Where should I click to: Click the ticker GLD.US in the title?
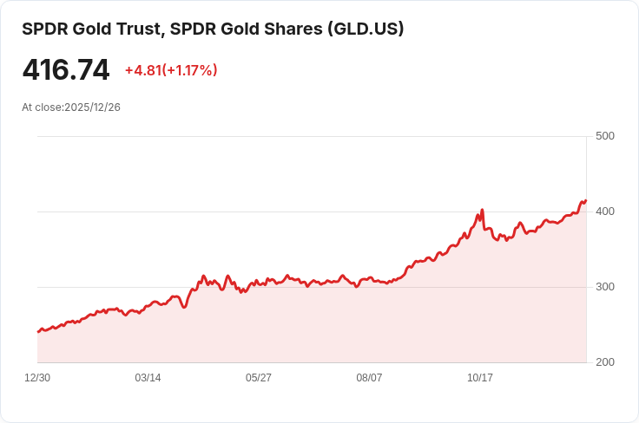pyautogui.click(x=364, y=29)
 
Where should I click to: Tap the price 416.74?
pyautogui.click(x=66, y=70)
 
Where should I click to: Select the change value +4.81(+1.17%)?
pyautogui.click(x=171, y=70)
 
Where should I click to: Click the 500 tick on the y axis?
pyautogui.click(x=604, y=136)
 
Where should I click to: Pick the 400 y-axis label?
pyautogui.click(x=604, y=211)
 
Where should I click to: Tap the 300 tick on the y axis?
pyautogui.click(x=604, y=287)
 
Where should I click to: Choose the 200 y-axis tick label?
pyautogui.click(x=604, y=362)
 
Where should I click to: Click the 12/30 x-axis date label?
pyautogui.click(x=37, y=378)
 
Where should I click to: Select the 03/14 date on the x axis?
pyautogui.click(x=148, y=378)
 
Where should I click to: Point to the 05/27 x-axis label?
pyautogui.click(x=259, y=378)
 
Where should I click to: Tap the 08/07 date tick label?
pyautogui.click(x=369, y=378)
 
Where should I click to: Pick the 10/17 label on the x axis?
pyautogui.click(x=480, y=378)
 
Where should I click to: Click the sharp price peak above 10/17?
pyautogui.click(x=482, y=210)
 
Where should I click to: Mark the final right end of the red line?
pyautogui.click(x=586, y=201)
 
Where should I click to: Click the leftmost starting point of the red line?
pyautogui.click(x=38, y=332)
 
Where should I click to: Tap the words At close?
pyautogui.click(x=41, y=107)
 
